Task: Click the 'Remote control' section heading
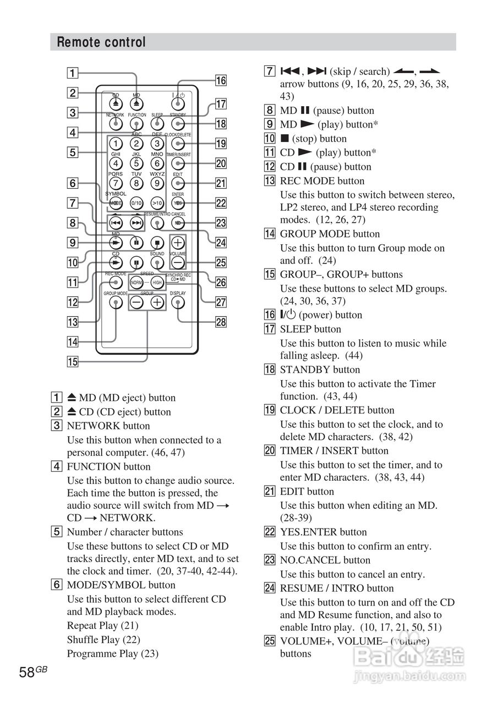pos(101,42)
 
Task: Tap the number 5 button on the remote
pos(136,163)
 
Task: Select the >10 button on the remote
pos(157,204)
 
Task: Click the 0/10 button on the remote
pos(136,204)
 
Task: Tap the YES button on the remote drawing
pos(178,204)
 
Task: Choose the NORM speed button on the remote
pos(136,283)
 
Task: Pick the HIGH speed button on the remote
pos(157,283)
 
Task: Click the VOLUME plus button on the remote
pos(178,242)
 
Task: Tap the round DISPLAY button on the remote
pos(178,302)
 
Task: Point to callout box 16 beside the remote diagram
pos(221,81)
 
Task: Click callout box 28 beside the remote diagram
pos(221,322)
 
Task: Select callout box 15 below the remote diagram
pos(73,361)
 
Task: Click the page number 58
pos(27,672)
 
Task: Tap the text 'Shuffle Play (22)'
pos(103,640)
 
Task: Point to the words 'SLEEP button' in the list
pos(310,329)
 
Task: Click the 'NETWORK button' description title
pos(108,426)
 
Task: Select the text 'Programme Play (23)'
pos(112,653)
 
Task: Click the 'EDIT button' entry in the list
pos(307,491)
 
